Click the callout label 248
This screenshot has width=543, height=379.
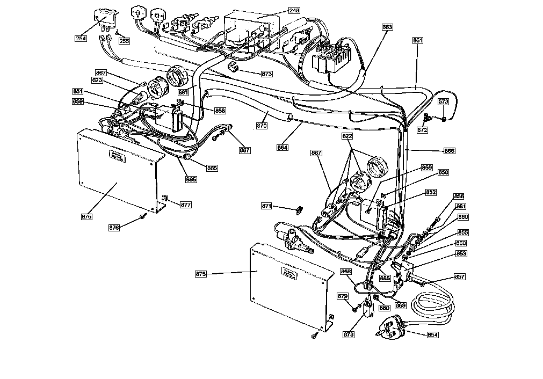(294, 10)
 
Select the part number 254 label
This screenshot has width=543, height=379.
(81, 38)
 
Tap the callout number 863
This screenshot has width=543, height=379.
(387, 27)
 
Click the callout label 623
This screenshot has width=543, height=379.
(97, 80)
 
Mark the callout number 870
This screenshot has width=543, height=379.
(262, 126)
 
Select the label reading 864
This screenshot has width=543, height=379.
(282, 147)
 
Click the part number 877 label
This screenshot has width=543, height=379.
(185, 205)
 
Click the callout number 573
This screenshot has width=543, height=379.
(443, 101)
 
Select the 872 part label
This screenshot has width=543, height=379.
(422, 130)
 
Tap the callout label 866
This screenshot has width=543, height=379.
(449, 151)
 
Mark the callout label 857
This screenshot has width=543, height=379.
(460, 277)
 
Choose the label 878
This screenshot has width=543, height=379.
(349, 335)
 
